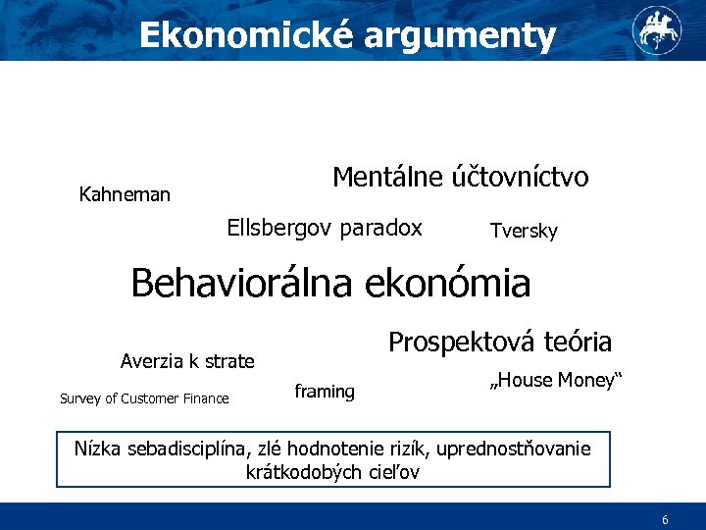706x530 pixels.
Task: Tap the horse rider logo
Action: [655, 28]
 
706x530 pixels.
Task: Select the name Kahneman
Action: [125, 194]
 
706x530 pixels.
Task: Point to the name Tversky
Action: [524, 231]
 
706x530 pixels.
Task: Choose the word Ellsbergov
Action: [280, 228]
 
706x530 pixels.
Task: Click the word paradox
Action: [380, 228]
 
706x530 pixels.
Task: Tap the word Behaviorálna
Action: [244, 284]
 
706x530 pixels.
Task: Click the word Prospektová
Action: [461, 342]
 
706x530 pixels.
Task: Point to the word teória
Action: [577, 342]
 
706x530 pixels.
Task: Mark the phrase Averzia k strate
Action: [187, 361]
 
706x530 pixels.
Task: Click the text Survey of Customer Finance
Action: [144, 398]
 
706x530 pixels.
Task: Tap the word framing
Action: [325, 392]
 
